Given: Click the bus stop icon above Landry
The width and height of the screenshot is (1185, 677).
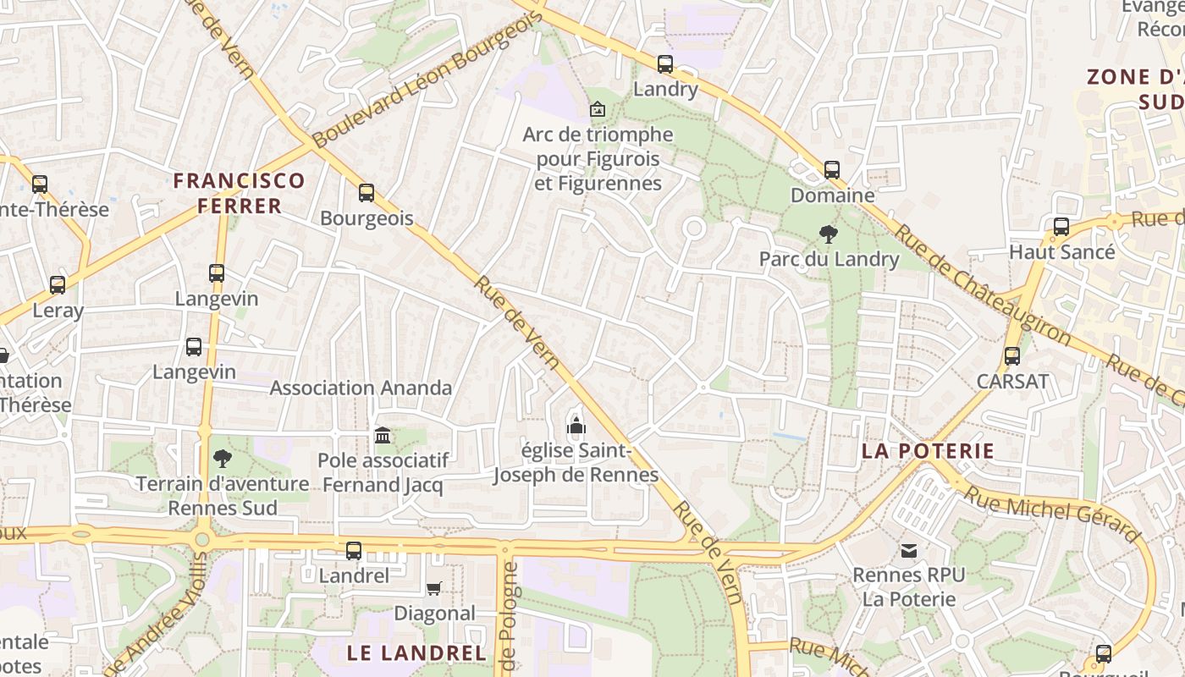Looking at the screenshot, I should coord(665,63).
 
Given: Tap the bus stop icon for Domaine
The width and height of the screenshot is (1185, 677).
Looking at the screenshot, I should coord(832,170).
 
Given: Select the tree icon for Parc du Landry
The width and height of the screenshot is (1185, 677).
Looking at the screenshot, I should coord(829,234).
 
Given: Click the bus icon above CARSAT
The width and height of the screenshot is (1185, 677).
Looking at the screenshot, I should coord(1012,356).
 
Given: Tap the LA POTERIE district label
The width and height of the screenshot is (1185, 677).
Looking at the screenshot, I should coord(928,451).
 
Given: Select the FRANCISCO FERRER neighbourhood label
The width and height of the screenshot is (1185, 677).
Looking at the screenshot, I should coord(239,193).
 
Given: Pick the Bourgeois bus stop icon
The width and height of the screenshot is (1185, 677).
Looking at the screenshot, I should coord(367,193).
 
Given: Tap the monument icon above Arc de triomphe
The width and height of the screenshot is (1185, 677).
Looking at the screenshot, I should coord(598,109).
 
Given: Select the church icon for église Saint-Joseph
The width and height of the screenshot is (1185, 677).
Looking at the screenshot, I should coord(576,425).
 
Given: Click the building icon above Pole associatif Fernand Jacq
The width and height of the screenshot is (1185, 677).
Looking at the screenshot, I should coord(383,435).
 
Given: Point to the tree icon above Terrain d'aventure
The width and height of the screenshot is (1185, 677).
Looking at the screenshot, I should coord(223,459).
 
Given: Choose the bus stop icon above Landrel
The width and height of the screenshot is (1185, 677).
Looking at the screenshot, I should coord(354,551).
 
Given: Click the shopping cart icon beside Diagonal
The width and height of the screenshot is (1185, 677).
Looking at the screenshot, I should coord(434,588).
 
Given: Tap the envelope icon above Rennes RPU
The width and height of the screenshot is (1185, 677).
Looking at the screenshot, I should coord(908,551).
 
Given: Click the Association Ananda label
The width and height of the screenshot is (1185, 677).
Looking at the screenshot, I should coord(361,388).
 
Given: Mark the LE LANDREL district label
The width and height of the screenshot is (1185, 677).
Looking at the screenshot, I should coord(416,652).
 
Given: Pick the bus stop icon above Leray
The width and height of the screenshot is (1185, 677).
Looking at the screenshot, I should coord(58,285).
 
